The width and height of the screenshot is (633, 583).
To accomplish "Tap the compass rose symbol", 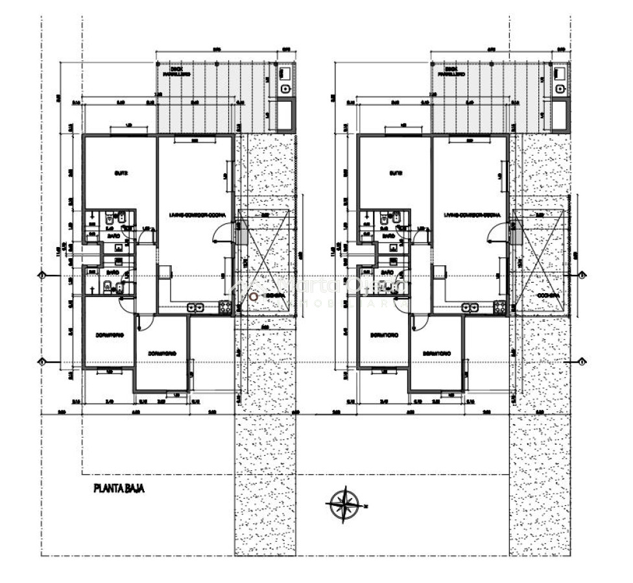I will [x=344, y=504].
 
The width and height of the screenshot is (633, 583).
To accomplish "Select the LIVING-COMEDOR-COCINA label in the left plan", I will [x=193, y=214].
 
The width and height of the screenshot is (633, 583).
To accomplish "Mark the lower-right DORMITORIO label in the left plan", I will [x=162, y=353].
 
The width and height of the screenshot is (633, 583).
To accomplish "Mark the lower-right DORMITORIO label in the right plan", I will [x=437, y=353].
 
